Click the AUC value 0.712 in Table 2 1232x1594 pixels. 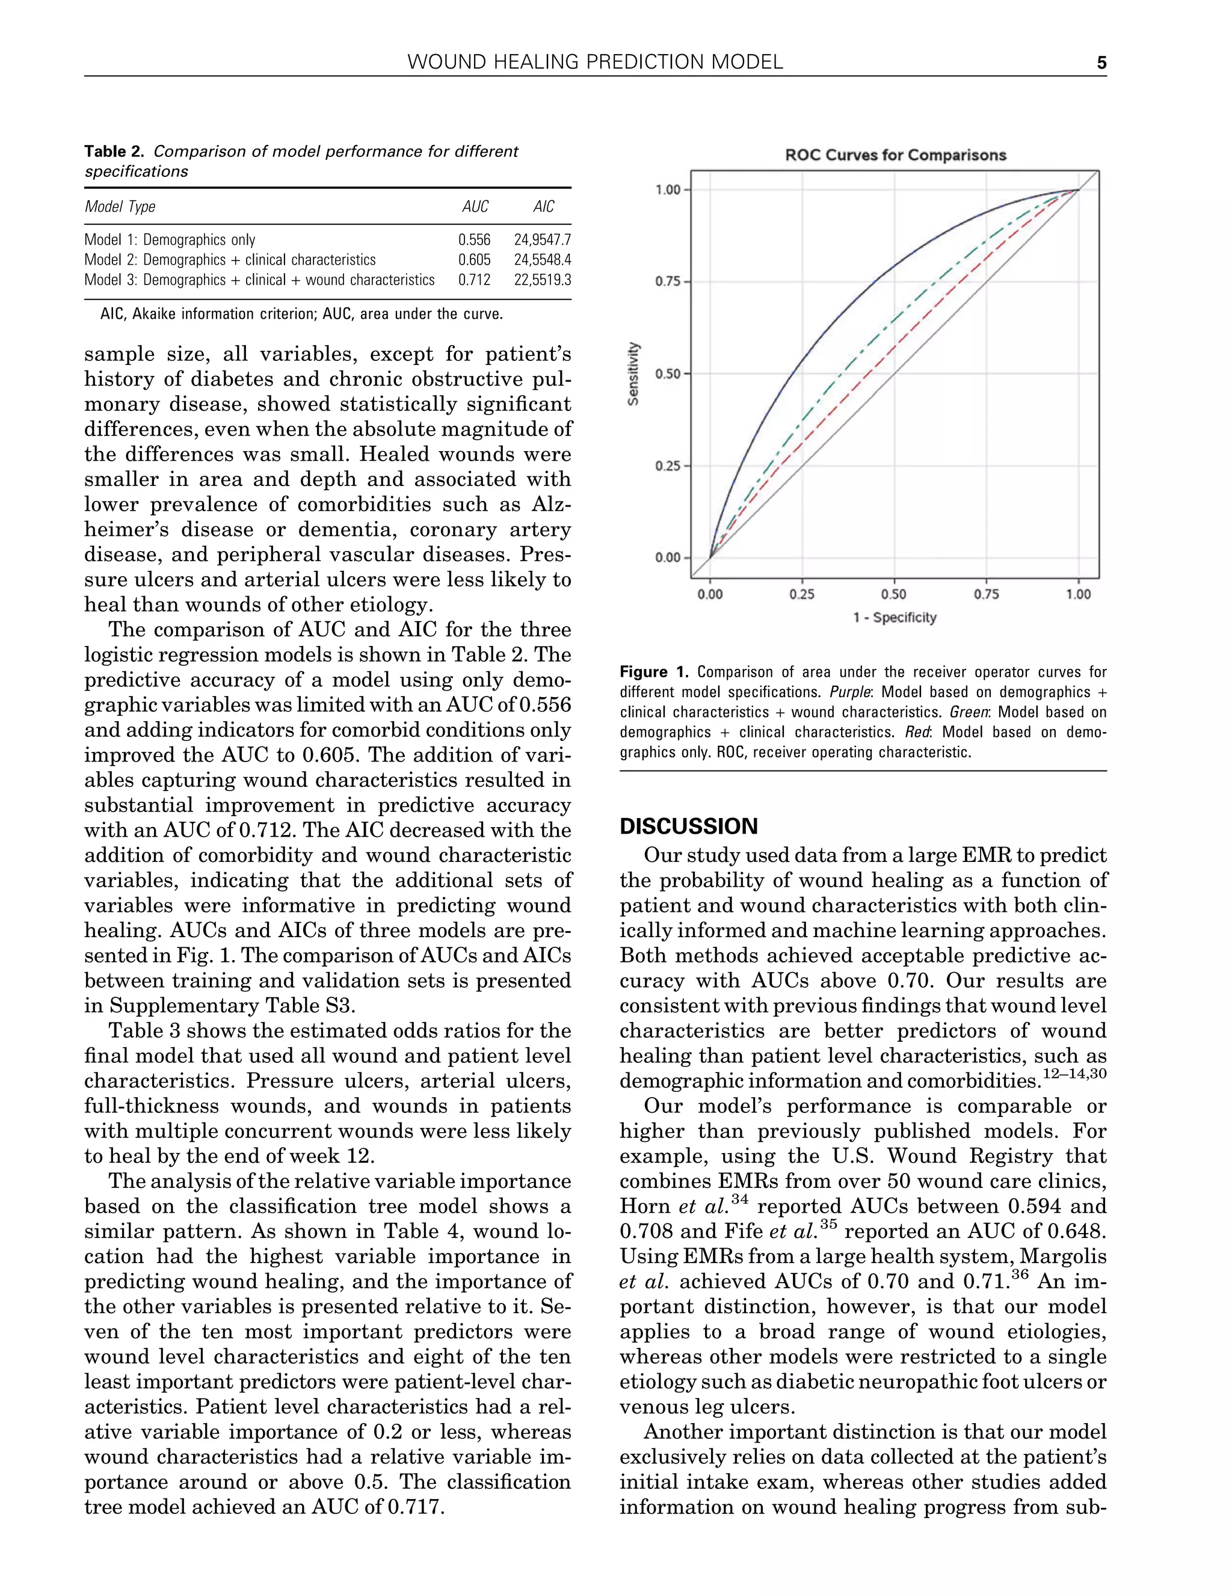click(x=475, y=280)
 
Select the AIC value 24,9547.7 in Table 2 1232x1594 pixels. click(x=542, y=240)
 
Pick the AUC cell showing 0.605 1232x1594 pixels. click(x=475, y=260)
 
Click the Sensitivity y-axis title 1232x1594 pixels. click(x=634, y=374)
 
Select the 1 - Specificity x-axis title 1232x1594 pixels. click(x=894, y=618)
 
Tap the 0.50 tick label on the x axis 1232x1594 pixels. click(x=894, y=595)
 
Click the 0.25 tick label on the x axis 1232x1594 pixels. click(x=802, y=595)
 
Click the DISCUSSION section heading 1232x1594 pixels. click(x=688, y=826)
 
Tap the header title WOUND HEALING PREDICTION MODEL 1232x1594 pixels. click(x=595, y=63)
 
